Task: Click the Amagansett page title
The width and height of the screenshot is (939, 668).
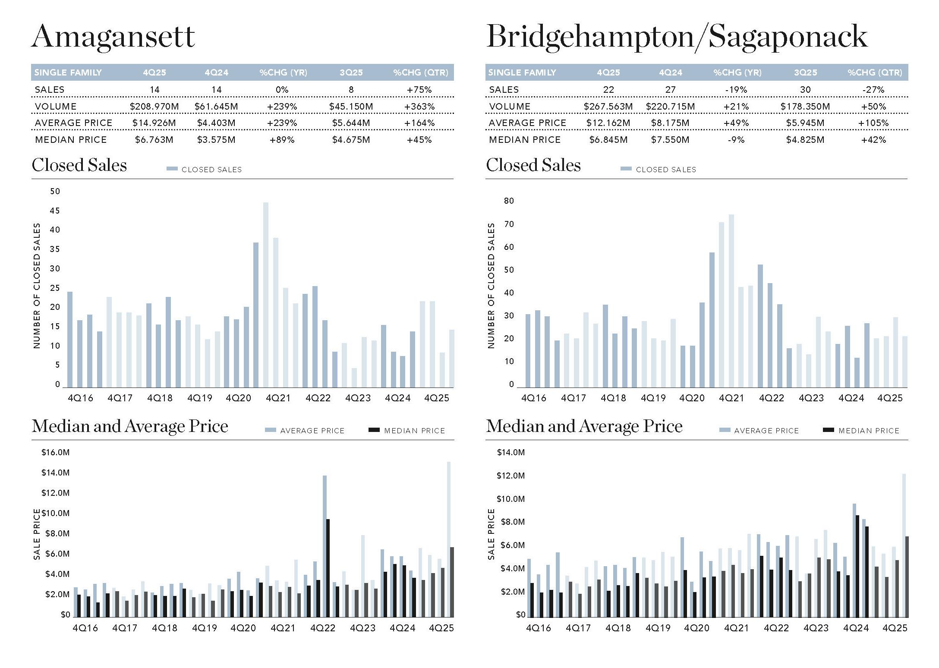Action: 113,37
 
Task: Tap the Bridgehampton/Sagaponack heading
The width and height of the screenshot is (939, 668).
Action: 677,37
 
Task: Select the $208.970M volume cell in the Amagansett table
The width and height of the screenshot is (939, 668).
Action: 154,106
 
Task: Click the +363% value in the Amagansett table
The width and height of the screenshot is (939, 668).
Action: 419,106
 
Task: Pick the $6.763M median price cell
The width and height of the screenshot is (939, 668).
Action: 154,140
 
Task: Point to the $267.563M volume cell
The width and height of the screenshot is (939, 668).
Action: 608,106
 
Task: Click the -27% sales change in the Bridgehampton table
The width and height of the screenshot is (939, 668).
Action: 873,90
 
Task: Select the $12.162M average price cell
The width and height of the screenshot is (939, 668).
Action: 608,123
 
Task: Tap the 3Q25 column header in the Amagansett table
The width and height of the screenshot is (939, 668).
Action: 351,72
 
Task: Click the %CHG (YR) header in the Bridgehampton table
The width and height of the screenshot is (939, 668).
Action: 737,72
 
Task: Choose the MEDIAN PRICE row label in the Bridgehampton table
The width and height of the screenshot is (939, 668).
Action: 524,140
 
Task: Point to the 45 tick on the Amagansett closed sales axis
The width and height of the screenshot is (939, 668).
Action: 55,211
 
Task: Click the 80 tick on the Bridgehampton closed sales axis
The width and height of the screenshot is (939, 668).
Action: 509,201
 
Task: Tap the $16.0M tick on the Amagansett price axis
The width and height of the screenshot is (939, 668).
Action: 55,452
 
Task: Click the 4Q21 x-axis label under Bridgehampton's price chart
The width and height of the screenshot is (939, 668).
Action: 736,628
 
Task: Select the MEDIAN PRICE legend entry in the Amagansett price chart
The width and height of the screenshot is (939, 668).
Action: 414,431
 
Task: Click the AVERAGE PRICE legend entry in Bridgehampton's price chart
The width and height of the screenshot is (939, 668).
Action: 766,431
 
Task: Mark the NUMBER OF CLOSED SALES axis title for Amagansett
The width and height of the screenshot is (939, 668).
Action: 37,286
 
